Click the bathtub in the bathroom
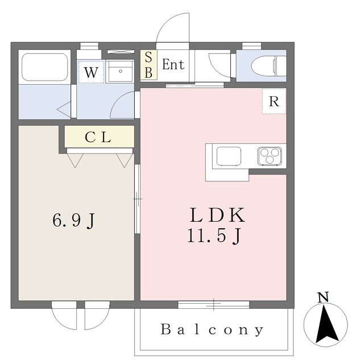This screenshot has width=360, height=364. click(x=45, y=67)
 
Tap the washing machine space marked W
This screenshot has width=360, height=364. click(x=91, y=72)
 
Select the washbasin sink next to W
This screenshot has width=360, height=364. click(x=120, y=71)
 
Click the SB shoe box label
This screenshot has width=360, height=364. click(x=148, y=65)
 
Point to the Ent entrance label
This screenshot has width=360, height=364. click(x=173, y=64)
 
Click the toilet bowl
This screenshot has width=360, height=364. click(x=268, y=66)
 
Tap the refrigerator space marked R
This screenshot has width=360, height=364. click(x=274, y=101)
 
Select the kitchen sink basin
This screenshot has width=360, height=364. click(x=229, y=156)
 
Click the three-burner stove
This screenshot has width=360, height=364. click(x=270, y=156)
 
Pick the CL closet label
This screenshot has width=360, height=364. click(x=98, y=137)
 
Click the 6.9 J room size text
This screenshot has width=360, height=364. click(x=73, y=220)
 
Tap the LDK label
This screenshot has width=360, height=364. click(x=217, y=215)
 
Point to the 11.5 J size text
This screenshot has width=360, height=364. click(x=215, y=235)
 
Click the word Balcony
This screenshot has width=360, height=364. click(x=212, y=329)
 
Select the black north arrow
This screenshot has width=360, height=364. click(x=326, y=324)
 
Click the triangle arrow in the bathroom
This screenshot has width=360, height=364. click(x=64, y=110)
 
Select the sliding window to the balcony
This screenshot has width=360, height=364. click(x=213, y=305)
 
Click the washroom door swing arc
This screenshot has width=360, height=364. click(x=117, y=98)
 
